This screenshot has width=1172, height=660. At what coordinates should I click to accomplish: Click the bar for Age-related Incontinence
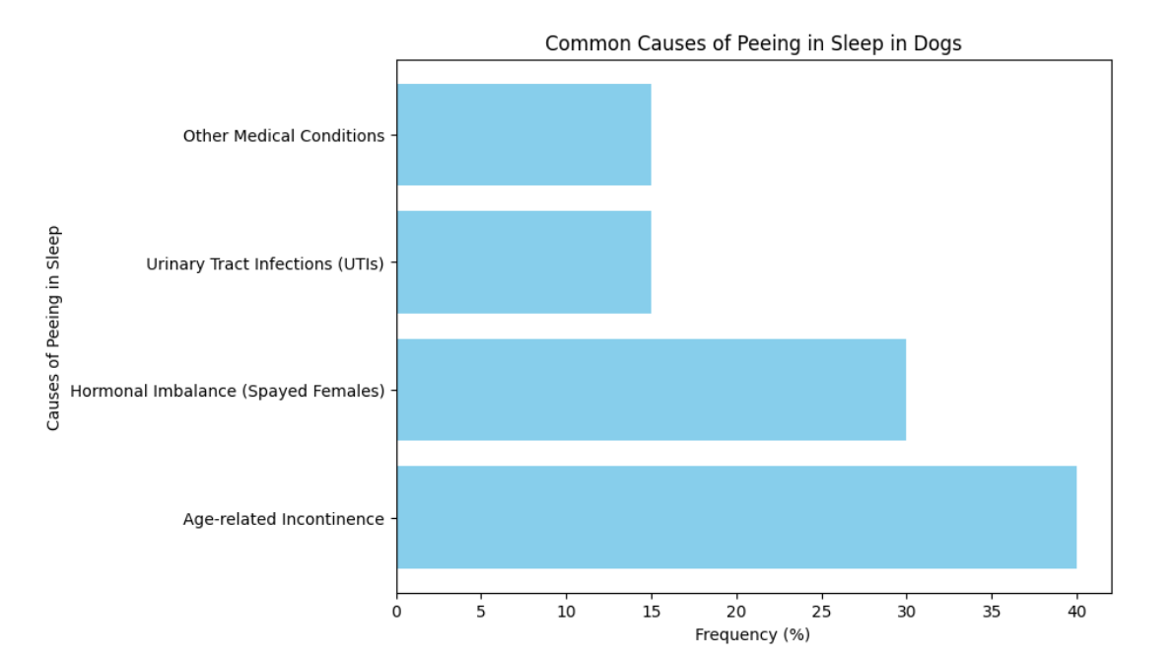pyautogui.click(x=736, y=517)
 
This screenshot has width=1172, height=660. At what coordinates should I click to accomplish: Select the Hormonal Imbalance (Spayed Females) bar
pyautogui.click(x=651, y=390)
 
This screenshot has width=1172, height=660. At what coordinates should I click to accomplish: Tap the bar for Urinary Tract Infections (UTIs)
pyautogui.click(x=523, y=262)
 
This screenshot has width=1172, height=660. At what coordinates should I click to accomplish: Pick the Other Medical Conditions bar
pyautogui.click(x=523, y=135)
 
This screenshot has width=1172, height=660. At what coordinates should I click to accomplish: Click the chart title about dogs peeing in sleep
pyautogui.click(x=753, y=43)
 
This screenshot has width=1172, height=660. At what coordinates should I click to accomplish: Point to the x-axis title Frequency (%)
pyautogui.click(x=752, y=634)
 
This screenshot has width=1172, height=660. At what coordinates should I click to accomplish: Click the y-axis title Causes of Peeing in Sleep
pyautogui.click(x=54, y=328)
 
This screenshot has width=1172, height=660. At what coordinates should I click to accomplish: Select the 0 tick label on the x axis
pyautogui.click(x=397, y=612)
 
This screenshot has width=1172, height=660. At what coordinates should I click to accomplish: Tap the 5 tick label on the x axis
pyautogui.click(x=482, y=612)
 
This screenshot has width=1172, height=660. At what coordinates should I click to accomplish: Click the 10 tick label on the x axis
pyautogui.click(x=567, y=612)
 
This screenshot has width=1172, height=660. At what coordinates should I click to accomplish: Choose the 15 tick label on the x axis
pyautogui.click(x=652, y=612)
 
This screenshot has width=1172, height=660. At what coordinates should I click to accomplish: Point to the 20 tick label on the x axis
pyautogui.click(x=736, y=612)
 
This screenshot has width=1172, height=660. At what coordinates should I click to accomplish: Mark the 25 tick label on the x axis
pyautogui.click(x=821, y=612)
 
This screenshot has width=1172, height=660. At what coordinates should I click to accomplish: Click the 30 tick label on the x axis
pyautogui.click(x=906, y=612)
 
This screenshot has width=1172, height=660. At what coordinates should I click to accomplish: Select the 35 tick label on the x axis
pyautogui.click(x=992, y=612)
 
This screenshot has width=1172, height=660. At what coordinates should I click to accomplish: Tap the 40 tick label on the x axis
pyautogui.click(x=1076, y=612)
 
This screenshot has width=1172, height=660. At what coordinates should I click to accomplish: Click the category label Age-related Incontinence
pyautogui.click(x=283, y=519)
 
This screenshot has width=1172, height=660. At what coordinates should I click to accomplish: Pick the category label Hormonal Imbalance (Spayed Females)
pyautogui.click(x=227, y=391)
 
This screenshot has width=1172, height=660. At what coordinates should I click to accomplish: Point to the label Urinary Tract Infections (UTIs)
pyautogui.click(x=264, y=263)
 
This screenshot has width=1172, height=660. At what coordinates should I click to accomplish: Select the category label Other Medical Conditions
pyautogui.click(x=283, y=136)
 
